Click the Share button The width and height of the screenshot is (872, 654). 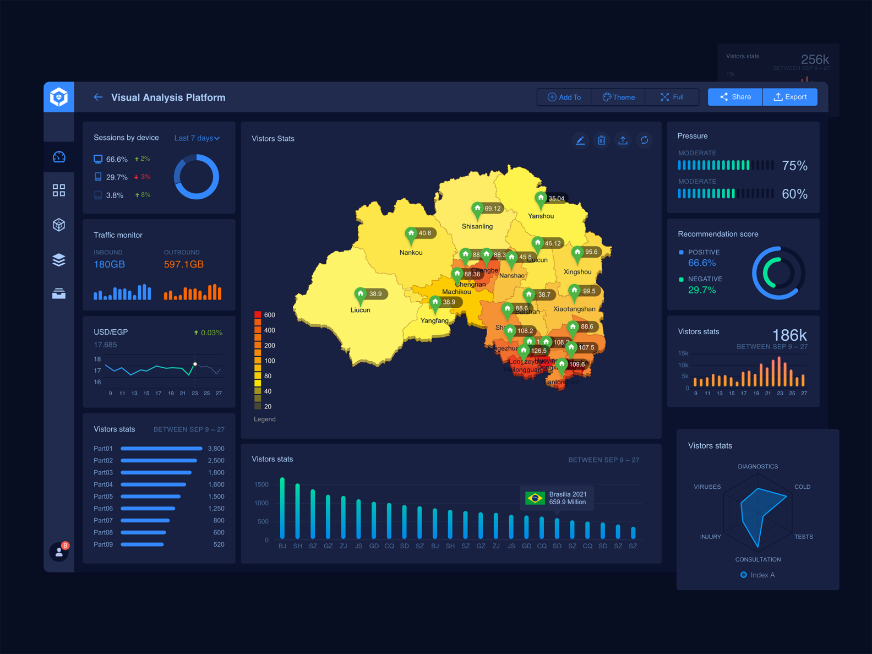click(x=735, y=97)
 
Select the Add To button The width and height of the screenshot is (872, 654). click(x=564, y=97)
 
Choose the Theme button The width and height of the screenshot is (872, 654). click(x=618, y=97)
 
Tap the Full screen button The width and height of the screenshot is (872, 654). click(x=672, y=97)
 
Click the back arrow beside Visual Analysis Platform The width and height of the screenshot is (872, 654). click(x=98, y=97)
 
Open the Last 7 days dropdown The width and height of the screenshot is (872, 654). click(x=197, y=138)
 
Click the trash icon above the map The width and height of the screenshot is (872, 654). click(x=602, y=140)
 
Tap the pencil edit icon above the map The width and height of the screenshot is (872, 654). click(x=580, y=140)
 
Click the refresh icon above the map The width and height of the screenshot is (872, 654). click(x=644, y=140)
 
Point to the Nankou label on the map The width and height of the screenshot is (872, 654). click(x=411, y=253)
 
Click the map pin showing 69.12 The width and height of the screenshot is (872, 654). click(x=478, y=209)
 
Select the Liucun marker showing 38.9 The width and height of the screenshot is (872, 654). click(x=361, y=295)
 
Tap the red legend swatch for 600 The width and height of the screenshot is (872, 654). click(x=257, y=315)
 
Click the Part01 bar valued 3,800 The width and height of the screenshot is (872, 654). click(x=161, y=449)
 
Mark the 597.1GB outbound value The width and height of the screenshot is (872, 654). click(x=184, y=264)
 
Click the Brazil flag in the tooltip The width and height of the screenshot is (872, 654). click(x=535, y=498)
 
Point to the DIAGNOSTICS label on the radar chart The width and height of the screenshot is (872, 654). click(x=758, y=466)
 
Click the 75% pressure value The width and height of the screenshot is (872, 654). click(x=794, y=166)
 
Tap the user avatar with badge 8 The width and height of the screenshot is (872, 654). click(x=59, y=552)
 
